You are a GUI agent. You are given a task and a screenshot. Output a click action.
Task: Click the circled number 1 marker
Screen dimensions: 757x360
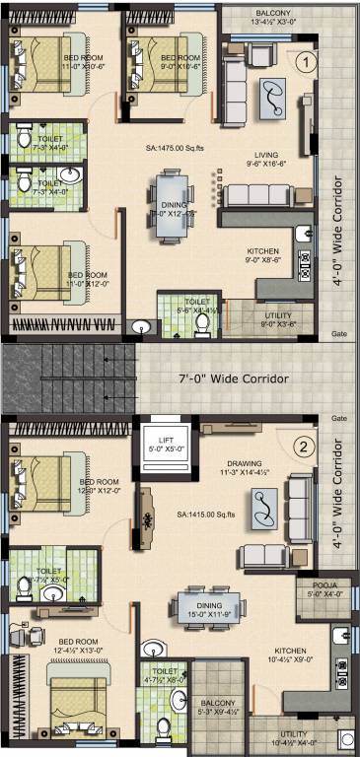(307, 61)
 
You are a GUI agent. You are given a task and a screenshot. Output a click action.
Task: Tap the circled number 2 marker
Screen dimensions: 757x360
(307, 447)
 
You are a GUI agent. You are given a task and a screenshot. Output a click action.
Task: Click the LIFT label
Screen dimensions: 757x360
(160, 435)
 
